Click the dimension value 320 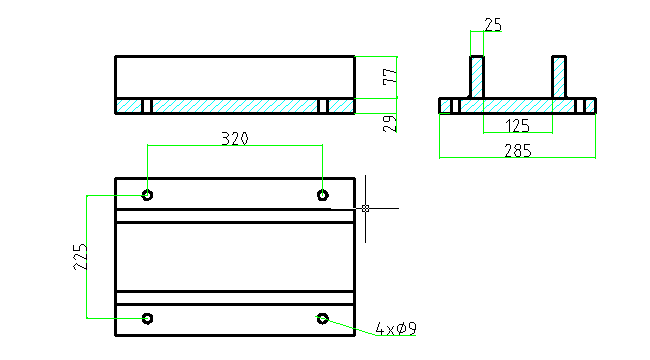(235, 139)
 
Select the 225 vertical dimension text (80, 257)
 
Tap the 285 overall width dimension (518, 151)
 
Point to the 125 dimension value (517, 126)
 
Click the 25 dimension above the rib (493, 25)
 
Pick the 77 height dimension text (390, 77)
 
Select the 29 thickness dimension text (390, 124)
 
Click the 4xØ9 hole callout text (395, 329)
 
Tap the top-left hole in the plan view (147, 195)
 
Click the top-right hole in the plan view (323, 195)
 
